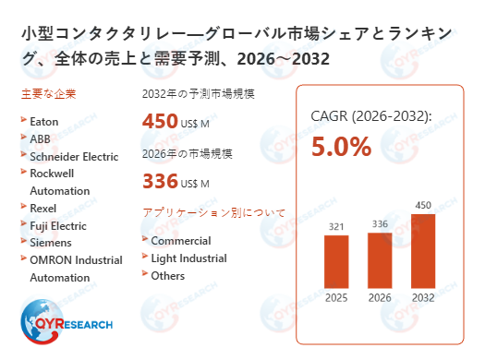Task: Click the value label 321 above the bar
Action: pyautogui.click(x=336, y=226)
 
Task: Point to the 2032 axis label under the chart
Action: pyautogui.click(x=422, y=298)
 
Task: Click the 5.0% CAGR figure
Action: pyautogui.click(x=341, y=147)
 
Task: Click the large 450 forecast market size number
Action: pyautogui.click(x=160, y=121)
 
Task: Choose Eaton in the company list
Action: pyautogui.click(x=44, y=121)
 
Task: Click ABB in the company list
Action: pyautogui.click(x=41, y=138)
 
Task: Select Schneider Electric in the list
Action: pyautogui.click(x=74, y=156)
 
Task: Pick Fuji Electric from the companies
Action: pyautogui.click(x=57, y=225)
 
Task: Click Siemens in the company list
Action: pyautogui.click(x=50, y=243)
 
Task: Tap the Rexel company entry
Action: pyautogui.click(x=42, y=208)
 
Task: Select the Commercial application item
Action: pyautogui.click(x=180, y=241)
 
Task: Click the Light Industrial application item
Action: pyautogui.click(x=188, y=258)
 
